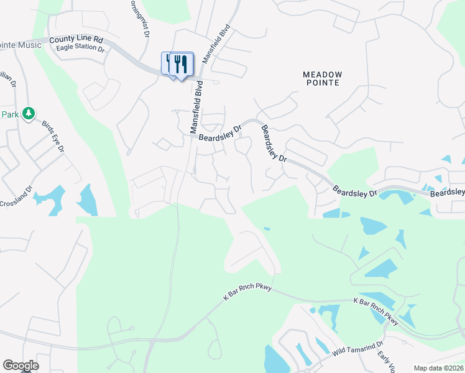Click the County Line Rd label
(x=76, y=39)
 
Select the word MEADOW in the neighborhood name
(x=322, y=74)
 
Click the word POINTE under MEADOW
(x=322, y=83)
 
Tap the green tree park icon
(x=28, y=113)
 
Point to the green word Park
(x=9, y=114)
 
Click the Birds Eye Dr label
(x=53, y=137)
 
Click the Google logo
(x=21, y=366)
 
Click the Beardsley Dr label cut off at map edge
(x=448, y=193)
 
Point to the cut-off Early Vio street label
(x=387, y=362)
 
